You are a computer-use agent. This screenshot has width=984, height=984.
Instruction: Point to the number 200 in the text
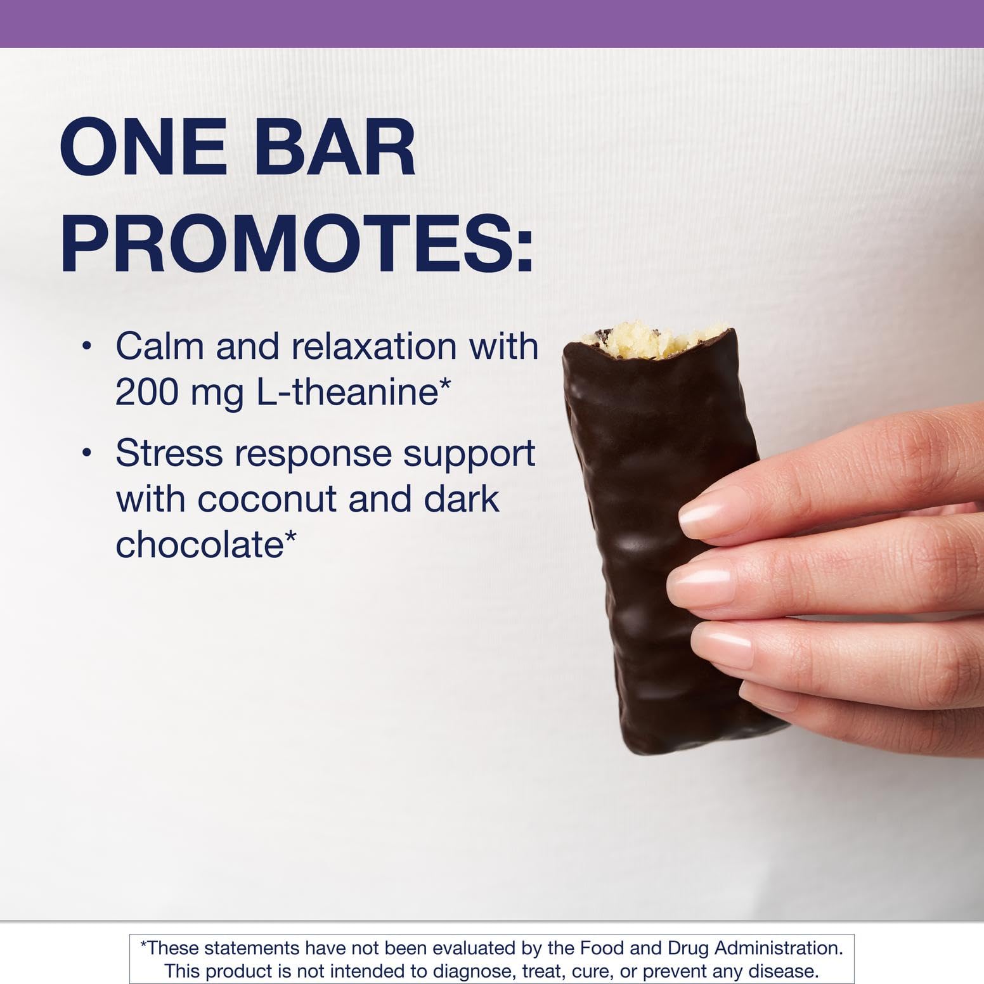tap(147, 392)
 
